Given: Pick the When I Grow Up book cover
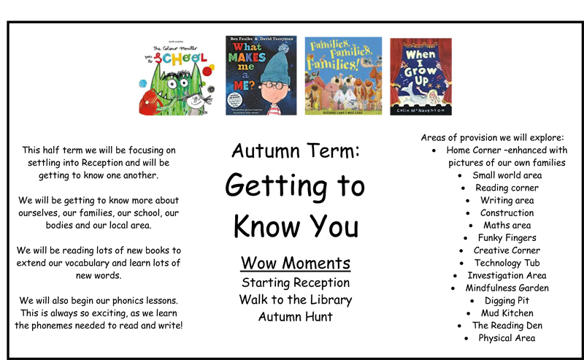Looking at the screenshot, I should pyautogui.click(x=420, y=76).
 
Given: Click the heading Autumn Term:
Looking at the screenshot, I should pyautogui.click(x=295, y=151).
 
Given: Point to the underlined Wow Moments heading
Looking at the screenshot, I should pyautogui.click(x=295, y=263).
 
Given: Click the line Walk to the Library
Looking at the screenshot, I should pyautogui.click(x=295, y=299).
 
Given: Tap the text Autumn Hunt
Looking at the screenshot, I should pyautogui.click(x=295, y=317).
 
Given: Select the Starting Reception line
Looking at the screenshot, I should pyautogui.click(x=295, y=282).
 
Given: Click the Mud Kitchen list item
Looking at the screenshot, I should pyautogui.click(x=507, y=313).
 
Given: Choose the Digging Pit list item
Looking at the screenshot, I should pyautogui.click(x=507, y=300).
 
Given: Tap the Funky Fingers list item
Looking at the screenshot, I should pyautogui.click(x=507, y=238).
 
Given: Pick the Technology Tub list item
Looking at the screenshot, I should pyautogui.click(x=507, y=263).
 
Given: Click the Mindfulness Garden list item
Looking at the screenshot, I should pyautogui.click(x=507, y=288).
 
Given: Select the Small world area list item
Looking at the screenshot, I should pyautogui.click(x=507, y=175).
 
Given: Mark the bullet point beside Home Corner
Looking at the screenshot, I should pyautogui.click(x=434, y=150).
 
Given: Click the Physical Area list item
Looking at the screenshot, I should pyautogui.click(x=507, y=338).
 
